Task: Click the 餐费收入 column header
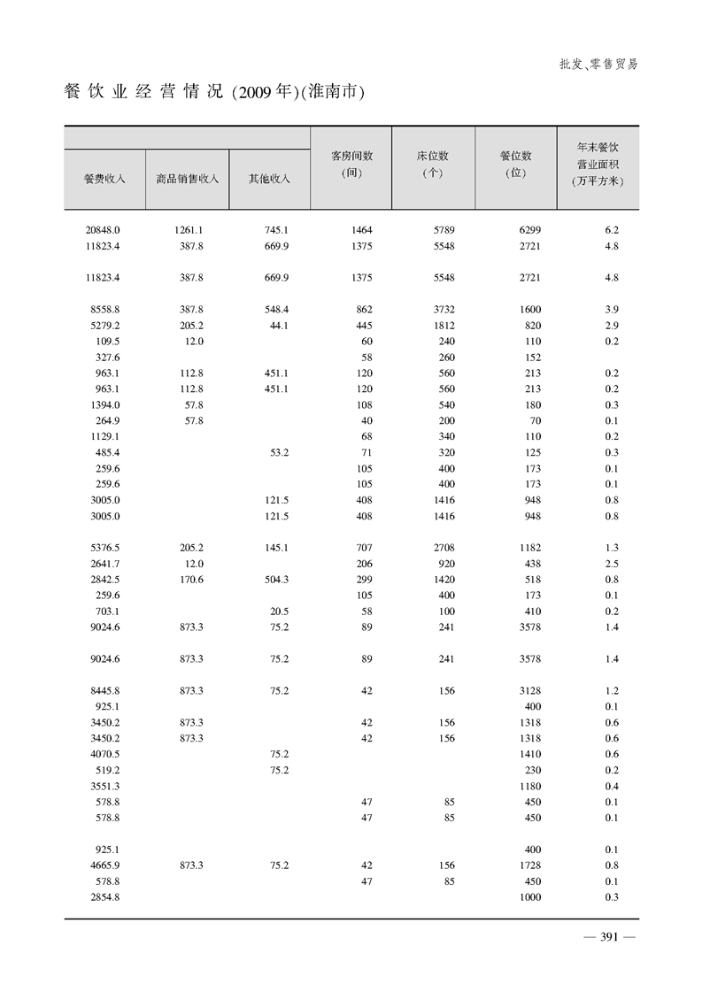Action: point(104,179)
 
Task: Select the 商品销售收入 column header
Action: point(187,179)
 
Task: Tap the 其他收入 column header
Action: point(269,179)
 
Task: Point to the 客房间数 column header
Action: point(351,164)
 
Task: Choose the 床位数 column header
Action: point(434,164)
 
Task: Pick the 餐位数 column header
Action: point(516,164)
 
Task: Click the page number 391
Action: point(602,939)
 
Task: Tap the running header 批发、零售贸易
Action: point(598,64)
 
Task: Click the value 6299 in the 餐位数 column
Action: point(529,230)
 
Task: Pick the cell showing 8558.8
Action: point(104,310)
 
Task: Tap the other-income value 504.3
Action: point(276,580)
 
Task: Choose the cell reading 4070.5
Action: point(104,755)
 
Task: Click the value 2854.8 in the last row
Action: point(104,898)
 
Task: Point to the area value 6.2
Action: point(611,230)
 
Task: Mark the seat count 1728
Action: point(529,866)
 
